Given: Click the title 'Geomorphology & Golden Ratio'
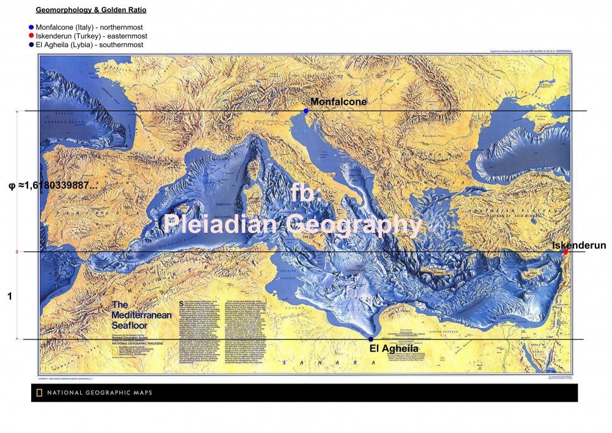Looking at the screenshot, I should tap(91, 10).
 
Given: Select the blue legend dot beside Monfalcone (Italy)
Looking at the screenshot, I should tap(31, 28).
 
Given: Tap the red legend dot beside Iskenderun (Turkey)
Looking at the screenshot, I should tap(31, 36).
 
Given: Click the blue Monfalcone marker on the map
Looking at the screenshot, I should tap(306, 111).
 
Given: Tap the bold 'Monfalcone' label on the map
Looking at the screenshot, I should tap(338, 102).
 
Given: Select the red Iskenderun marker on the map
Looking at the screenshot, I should tap(565, 251).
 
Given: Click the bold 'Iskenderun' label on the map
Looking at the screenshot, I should tap(579, 245).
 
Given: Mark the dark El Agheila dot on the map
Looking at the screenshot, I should tap(371, 339).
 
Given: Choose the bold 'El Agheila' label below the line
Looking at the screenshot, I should tap(394, 349).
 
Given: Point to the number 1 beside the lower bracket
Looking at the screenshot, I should tap(10, 296).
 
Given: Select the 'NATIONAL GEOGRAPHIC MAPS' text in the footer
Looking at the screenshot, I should tap(99, 393).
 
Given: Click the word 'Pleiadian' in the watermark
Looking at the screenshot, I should tap(220, 224).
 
